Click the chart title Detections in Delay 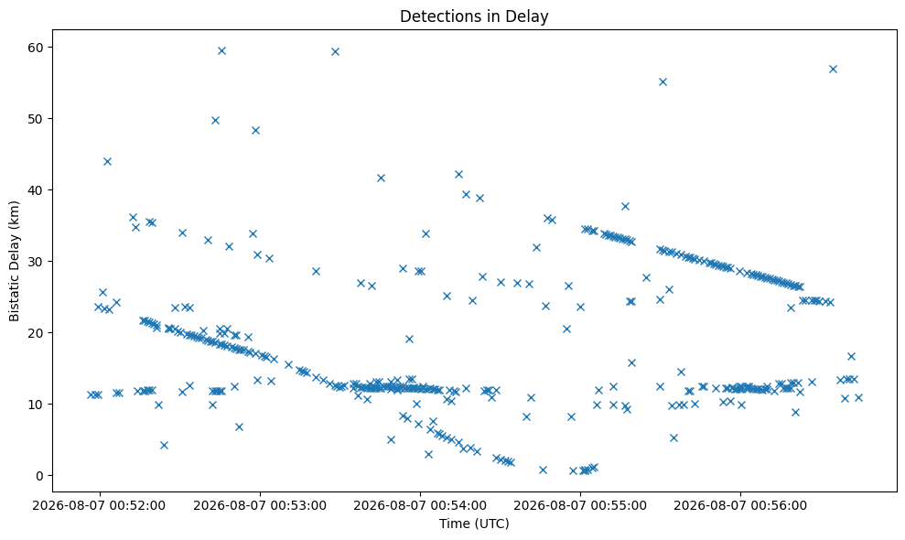(474, 16)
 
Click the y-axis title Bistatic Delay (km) (14, 261)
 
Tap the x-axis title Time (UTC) (474, 524)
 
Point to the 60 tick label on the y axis (36, 48)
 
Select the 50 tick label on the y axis (36, 119)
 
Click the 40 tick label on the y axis (36, 190)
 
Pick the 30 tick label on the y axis (36, 262)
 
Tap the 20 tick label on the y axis (36, 333)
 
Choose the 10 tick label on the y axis (36, 405)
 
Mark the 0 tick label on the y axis (40, 476)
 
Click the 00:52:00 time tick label (99, 506)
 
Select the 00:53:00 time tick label (260, 506)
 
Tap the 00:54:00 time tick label (420, 506)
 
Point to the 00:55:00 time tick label (580, 506)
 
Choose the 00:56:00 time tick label (740, 506)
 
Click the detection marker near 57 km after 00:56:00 (833, 69)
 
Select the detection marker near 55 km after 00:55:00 (663, 81)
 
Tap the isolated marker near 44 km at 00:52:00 (107, 161)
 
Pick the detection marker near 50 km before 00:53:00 (215, 120)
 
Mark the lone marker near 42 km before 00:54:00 (458, 174)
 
